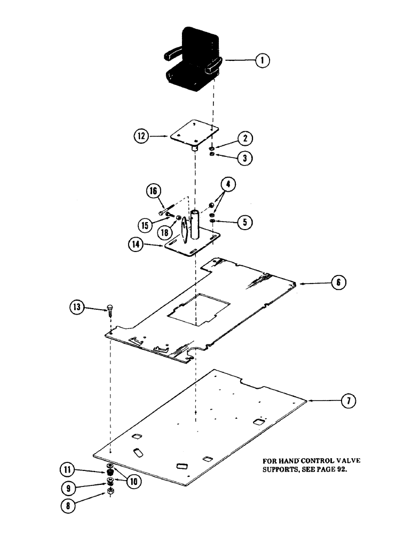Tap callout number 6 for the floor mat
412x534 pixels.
(339, 282)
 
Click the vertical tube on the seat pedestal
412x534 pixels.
(195, 227)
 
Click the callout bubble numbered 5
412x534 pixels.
(244, 221)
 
